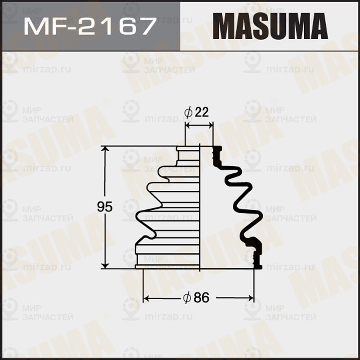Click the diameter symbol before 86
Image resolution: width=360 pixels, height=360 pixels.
[x=188, y=297]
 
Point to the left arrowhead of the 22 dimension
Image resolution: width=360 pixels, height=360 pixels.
[x=188, y=126]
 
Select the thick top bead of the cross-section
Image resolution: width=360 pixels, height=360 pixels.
[x=216, y=153]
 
